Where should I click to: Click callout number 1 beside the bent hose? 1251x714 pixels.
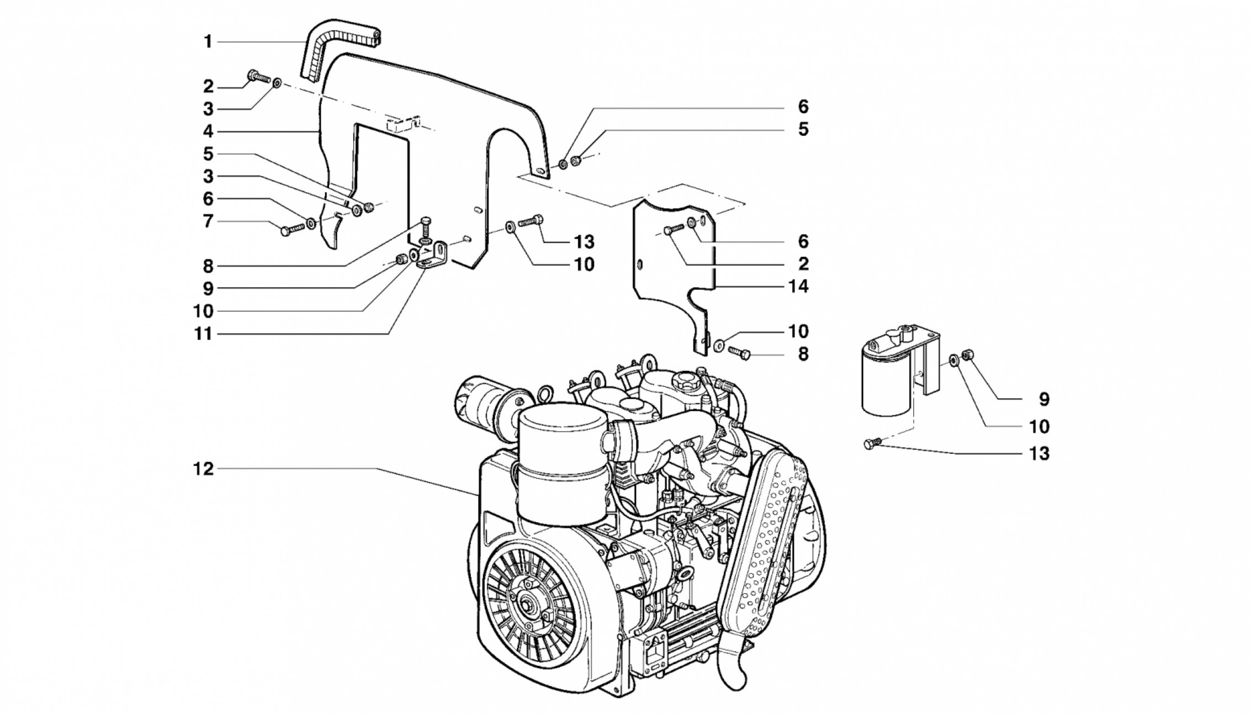(x=208, y=42)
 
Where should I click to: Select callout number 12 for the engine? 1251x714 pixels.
(x=203, y=469)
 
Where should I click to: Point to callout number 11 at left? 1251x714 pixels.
(x=203, y=334)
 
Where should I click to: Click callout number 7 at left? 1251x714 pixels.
(x=208, y=221)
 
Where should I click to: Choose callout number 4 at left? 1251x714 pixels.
(x=208, y=131)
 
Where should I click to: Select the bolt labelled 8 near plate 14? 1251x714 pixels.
(x=739, y=352)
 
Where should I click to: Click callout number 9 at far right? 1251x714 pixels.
(x=1043, y=399)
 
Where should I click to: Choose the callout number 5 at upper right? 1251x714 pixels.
(x=803, y=129)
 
